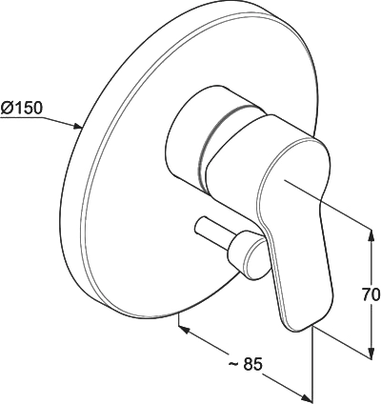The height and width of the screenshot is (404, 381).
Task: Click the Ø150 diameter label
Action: (21, 109)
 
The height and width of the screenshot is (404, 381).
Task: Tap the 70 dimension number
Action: (371, 294)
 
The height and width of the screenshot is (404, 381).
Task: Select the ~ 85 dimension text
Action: (246, 364)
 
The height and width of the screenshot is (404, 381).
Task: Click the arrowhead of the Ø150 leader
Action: (78, 127)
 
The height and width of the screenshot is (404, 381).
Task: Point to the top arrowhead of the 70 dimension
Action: (371, 235)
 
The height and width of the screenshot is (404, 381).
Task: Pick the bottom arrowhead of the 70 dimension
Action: (371, 353)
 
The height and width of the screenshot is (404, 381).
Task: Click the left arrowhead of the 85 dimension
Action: (185, 330)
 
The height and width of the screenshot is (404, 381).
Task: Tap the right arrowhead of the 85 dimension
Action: (307, 397)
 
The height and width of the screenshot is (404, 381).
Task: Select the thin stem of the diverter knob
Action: (211, 232)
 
